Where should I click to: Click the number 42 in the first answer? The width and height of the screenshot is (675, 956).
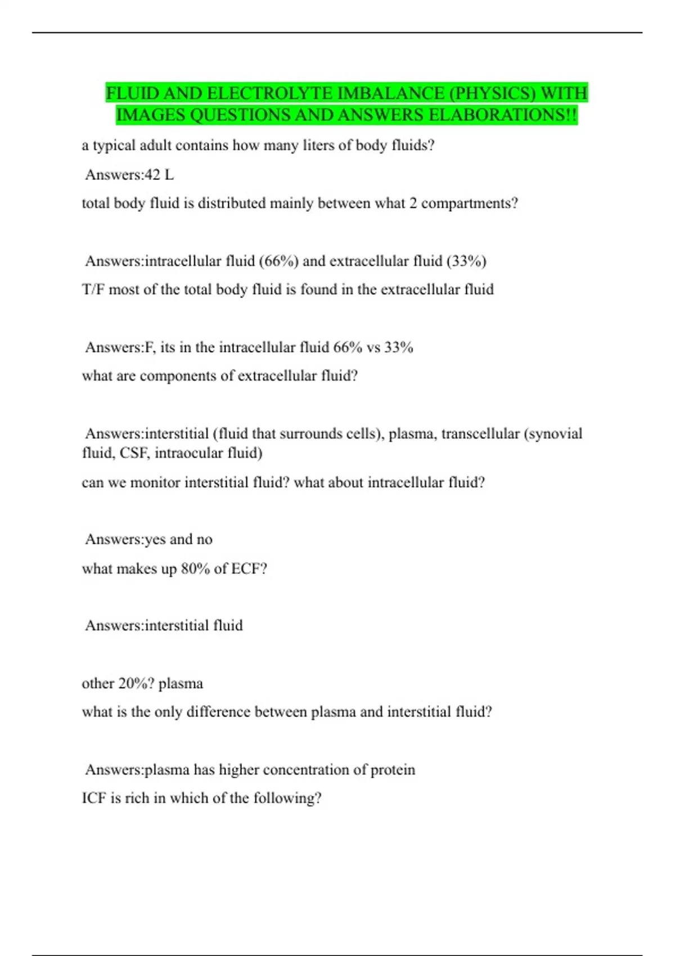click(152, 175)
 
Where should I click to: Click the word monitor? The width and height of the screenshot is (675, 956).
click(155, 482)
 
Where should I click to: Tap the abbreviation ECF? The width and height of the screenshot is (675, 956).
click(248, 569)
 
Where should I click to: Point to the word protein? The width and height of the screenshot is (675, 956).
click(393, 769)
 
